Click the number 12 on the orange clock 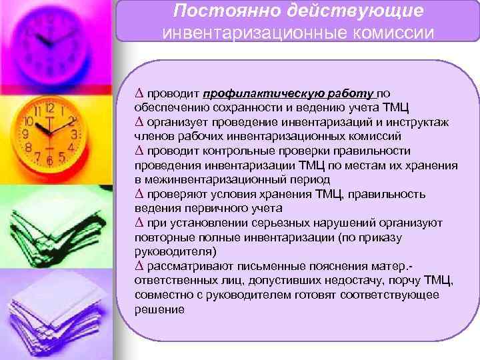[x=47, y=105]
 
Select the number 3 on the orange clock [x=75, y=134]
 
